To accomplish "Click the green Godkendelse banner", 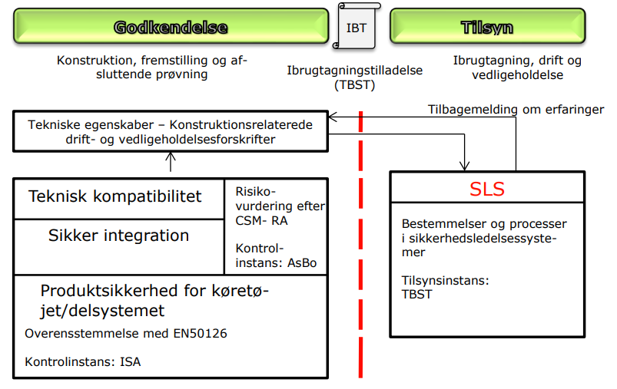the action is [171, 26].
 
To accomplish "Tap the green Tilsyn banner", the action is [488, 26].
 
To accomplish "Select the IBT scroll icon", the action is [357, 26].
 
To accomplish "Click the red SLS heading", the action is [487, 189].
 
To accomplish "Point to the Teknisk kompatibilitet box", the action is [119, 199].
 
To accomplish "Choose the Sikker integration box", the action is [119, 247].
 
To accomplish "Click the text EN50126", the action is [201, 333].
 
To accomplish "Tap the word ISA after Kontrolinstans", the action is [131, 361].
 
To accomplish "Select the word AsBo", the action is [302, 262].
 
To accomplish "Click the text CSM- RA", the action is [261, 221].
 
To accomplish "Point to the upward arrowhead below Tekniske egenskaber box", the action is [171, 157].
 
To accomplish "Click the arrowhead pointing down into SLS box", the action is [465, 166].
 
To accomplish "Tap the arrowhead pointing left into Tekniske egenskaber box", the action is [333, 117].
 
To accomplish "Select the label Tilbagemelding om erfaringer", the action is [516, 109].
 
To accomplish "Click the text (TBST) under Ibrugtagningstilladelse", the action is [354, 85].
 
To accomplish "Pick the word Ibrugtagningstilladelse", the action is [354, 71].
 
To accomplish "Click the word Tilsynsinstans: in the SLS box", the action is [445, 281].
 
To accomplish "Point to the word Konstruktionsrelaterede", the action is [240, 125].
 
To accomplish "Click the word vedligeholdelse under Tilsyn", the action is [517, 75].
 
